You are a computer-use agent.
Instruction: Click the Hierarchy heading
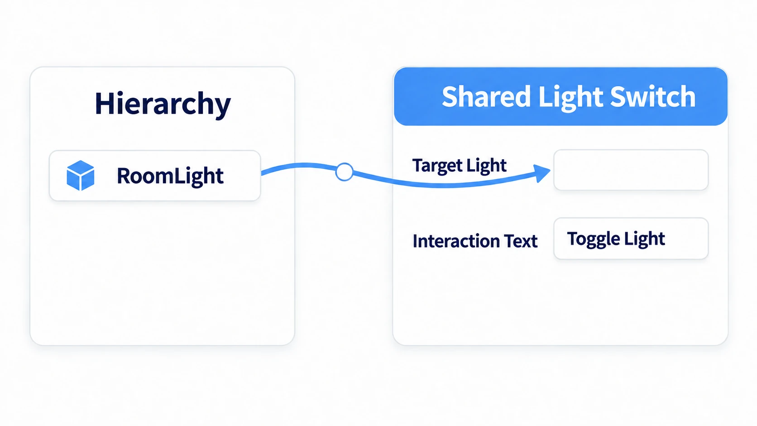click(x=163, y=105)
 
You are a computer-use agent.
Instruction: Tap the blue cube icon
click(x=81, y=175)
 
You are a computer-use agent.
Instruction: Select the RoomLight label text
click(x=170, y=176)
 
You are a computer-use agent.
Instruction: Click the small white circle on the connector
click(x=345, y=172)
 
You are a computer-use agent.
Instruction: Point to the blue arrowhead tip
click(x=551, y=170)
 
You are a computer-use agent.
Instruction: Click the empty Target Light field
click(x=631, y=170)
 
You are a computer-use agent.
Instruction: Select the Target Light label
click(x=459, y=166)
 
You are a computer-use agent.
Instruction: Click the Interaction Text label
click(x=475, y=241)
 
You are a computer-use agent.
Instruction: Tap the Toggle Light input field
click(x=631, y=239)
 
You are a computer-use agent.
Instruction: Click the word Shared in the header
click(x=486, y=96)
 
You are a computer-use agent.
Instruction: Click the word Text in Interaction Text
click(x=521, y=241)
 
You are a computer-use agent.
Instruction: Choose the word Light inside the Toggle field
click(x=644, y=239)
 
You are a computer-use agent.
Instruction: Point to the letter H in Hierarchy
click(x=103, y=103)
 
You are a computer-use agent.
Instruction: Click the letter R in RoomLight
click(x=124, y=176)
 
